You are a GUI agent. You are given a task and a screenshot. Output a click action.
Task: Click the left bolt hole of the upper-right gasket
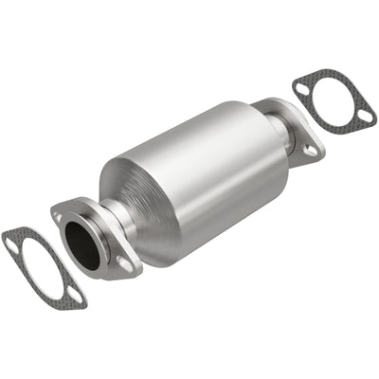pyautogui.click(x=302, y=89)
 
